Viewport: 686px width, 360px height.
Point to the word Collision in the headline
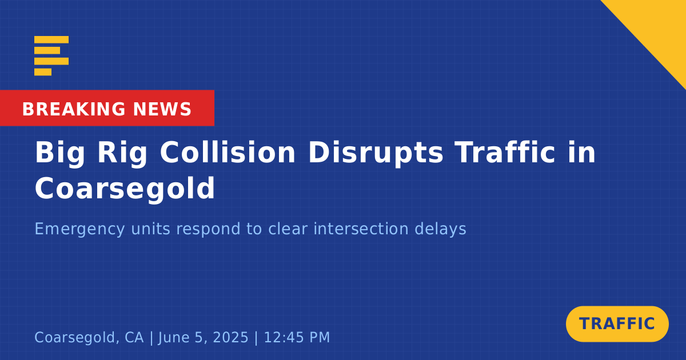[x=228, y=153]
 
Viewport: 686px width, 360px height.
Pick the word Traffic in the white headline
[x=505, y=152]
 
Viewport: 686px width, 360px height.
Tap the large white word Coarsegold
[x=125, y=189]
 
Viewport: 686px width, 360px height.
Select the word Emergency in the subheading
[x=79, y=229]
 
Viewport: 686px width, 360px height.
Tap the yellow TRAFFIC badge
[x=617, y=324]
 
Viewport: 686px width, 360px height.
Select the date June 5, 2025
[x=204, y=338]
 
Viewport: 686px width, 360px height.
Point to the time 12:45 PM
[x=297, y=337]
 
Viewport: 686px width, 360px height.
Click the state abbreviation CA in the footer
[x=134, y=337]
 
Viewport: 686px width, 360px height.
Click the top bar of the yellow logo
[x=51, y=39]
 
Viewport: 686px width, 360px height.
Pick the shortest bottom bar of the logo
[x=43, y=72]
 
